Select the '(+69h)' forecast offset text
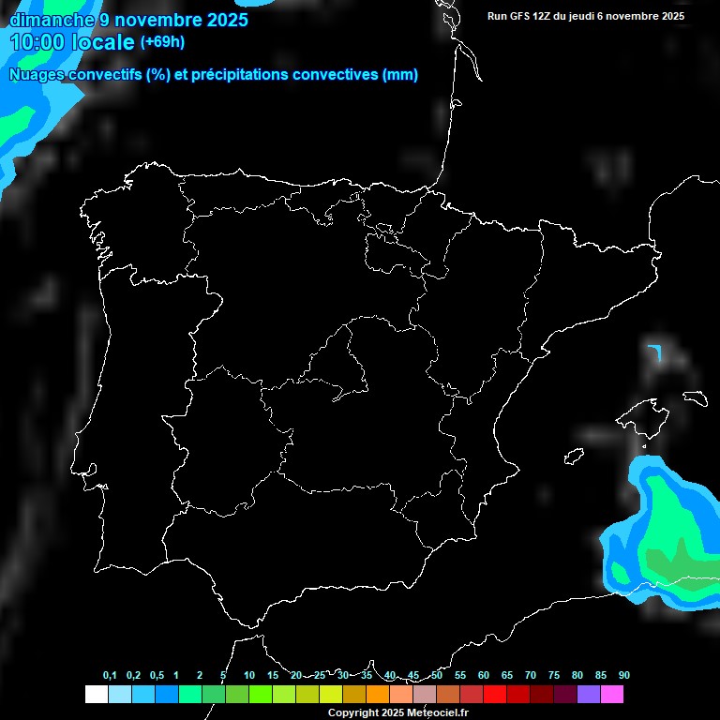[x=162, y=41]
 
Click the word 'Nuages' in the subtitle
[x=37, y=75]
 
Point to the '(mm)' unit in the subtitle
[x=400, y=75]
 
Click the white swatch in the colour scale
[x=96, y=694]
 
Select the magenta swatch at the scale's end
[x=611, y=694]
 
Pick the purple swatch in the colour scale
[x=588, y=694]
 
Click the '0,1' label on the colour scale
[x=110, y=675]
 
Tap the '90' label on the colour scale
[x=623, y=675]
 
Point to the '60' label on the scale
[x=483, y=675]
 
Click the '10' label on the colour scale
[x=248, y=675]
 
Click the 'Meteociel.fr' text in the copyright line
[x=438, y=713]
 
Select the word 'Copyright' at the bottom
[x=352, y=713]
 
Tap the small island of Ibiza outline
[x=574, y=456]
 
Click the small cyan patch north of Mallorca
[x=654, y=352]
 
